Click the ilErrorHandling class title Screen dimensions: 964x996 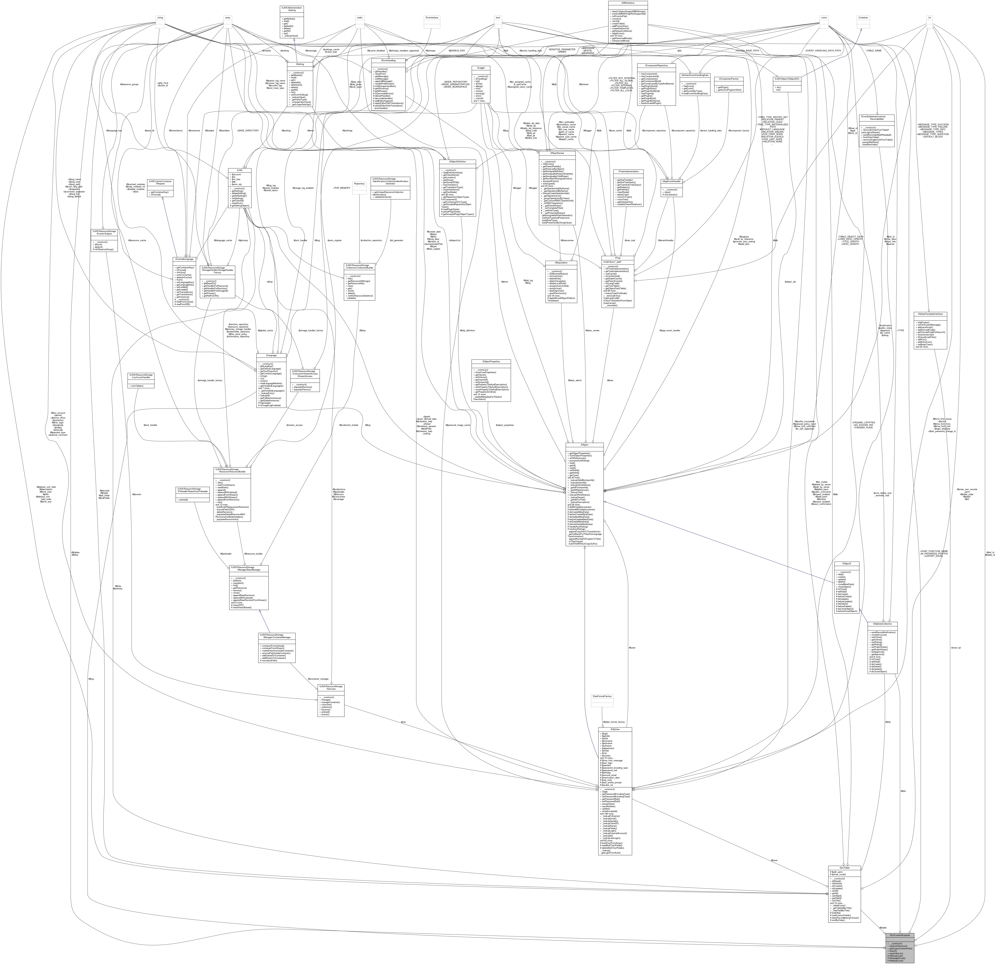tap(389, 60)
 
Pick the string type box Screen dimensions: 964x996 tap(160, 18)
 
